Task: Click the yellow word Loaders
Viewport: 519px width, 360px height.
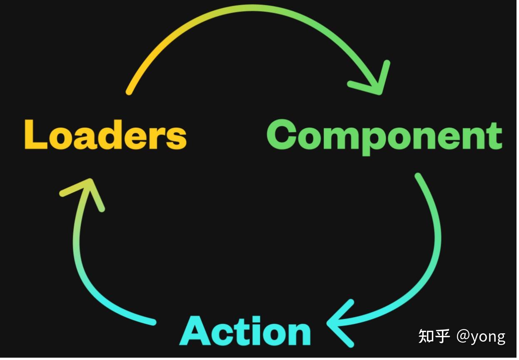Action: (105, 135)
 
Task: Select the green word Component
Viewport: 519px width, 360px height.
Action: (384, 136)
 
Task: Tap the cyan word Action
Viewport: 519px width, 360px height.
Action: (245, 331)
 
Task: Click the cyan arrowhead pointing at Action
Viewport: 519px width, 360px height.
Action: (338, 323)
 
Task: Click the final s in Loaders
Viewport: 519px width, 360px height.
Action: (177, 137)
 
